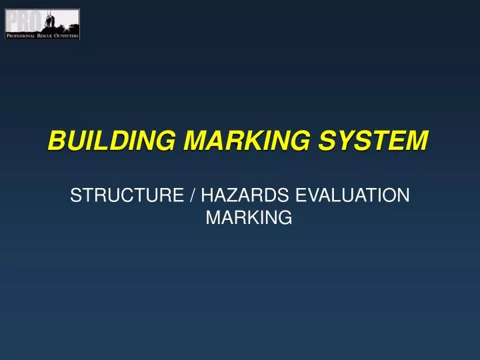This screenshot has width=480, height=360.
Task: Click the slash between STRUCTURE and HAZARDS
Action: coord(192,195)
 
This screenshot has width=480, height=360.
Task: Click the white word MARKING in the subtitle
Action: coord(249,217)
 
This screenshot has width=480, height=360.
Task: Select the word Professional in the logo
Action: coord(23,35)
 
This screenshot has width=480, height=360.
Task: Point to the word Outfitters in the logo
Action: coord(67,35)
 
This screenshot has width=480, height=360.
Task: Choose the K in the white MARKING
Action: coord(251,217)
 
